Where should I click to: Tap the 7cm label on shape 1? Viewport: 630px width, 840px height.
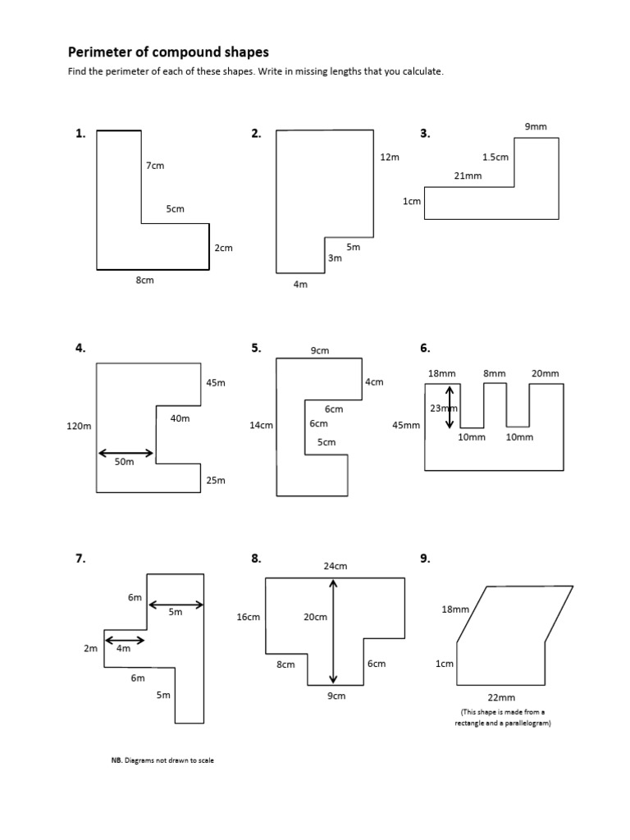point(155,166)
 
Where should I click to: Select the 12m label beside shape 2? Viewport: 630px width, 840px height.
point(390,157)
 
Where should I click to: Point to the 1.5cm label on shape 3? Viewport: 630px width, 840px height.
point(495,157)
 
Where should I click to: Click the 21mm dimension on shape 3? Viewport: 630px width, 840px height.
point(468,176)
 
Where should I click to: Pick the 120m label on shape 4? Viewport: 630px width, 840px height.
point(78,426)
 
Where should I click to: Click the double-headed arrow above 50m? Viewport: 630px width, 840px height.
point(126,453)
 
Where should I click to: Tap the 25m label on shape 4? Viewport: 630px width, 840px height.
point(216,480)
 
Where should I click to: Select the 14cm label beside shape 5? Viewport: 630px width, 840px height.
point(261,425)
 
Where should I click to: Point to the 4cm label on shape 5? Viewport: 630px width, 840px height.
point(374,382)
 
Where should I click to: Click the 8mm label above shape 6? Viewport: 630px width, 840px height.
point(495,373)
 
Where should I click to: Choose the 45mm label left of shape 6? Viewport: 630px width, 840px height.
point(406,425)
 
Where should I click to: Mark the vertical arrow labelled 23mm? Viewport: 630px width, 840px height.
point(450,408)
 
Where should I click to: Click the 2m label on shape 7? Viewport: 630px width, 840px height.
point(90,649)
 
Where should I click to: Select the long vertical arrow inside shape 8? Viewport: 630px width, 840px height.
point(333,631)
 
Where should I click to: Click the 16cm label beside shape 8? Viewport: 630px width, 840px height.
point(248,617)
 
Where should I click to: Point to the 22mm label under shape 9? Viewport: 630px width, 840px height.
point(500,698)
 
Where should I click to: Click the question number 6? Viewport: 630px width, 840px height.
point(425,348)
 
